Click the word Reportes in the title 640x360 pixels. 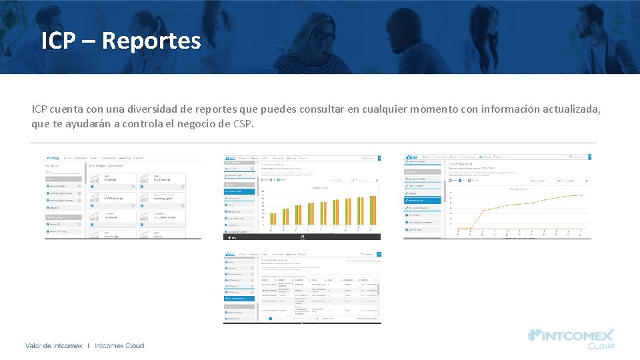(151, 41)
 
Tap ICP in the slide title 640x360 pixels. (58, 41)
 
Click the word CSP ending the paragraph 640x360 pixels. (243, 124)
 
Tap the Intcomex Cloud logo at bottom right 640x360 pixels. (571, 339)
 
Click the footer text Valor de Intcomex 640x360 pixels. (54, 345)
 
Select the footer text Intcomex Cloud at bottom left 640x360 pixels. (120, 345)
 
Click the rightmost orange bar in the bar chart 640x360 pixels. (374, 209)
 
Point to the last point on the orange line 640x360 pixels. (581, 195)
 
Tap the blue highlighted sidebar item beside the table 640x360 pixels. (239, 299)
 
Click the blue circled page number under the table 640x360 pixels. (270, 319)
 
